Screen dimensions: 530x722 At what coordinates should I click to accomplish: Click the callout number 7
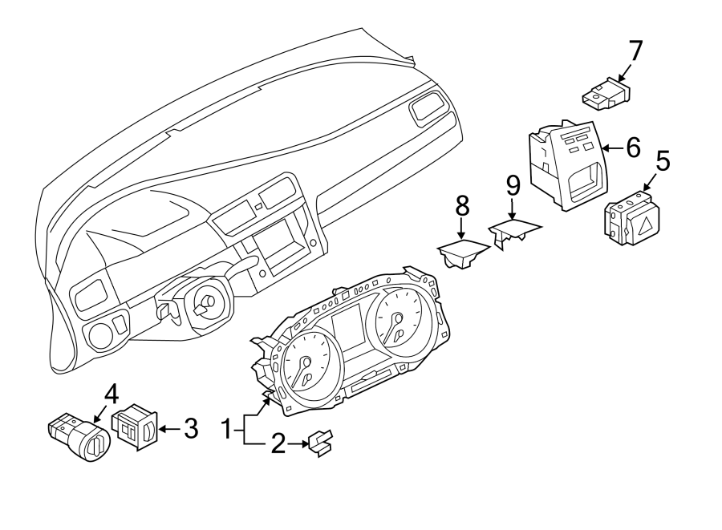click(x=635, y=51)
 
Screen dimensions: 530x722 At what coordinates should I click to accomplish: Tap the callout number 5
click(x=663, y=160)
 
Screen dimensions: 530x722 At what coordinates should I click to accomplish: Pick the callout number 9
click(x=513, y=187)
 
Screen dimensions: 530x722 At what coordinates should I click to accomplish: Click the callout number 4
click(x=111, y=394)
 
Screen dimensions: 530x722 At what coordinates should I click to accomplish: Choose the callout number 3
click(x=189, y=429)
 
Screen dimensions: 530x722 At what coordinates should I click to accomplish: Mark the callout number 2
click(x=278, y=444)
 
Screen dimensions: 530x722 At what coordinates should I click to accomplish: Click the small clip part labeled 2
click(x=320, y=443)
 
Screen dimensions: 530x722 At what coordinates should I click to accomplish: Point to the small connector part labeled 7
click(x=605, y=94)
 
